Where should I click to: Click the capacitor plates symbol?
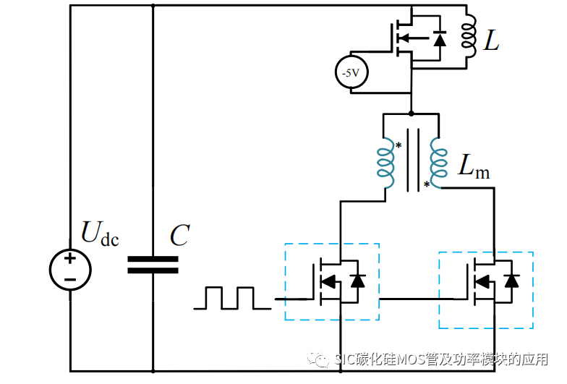pyautogui.click(x=153, y=265)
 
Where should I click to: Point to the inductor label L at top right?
pyautogui.click(x=491, y=43)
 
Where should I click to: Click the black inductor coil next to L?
pyautogui.click(x=469, y=36)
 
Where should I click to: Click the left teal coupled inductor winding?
pyautogui.click(x=385, y=162)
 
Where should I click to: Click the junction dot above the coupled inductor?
pyautogui.click(x=412, y=114)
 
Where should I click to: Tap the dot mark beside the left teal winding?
pyautogui.click(x=398, y=145)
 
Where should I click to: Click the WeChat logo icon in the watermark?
pyautogui.click(x=319, y=359)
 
